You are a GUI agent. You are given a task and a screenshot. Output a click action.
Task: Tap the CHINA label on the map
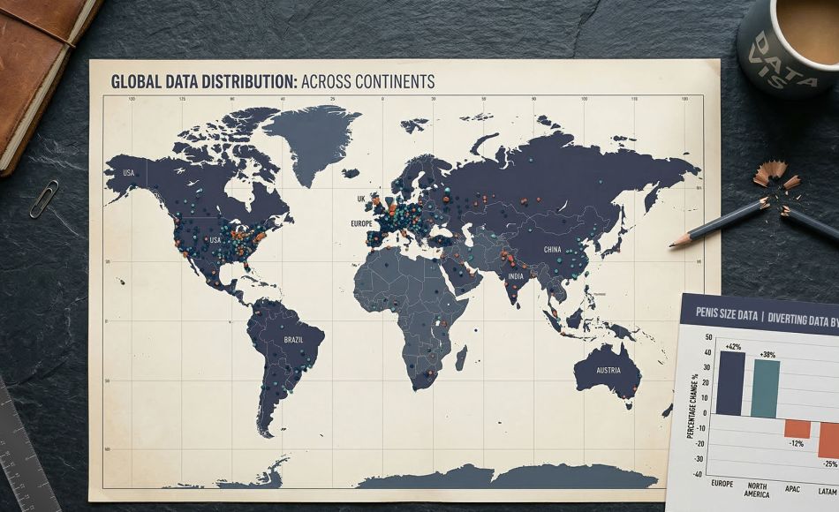tap(553, 250)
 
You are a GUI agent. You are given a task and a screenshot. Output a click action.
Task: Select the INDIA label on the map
tap(516, 276)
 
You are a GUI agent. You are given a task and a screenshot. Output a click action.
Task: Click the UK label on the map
tap(360, 200)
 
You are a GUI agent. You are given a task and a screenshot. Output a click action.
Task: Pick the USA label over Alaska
tap(129, 173)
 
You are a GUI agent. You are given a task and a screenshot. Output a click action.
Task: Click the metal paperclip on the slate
tap(43, 199)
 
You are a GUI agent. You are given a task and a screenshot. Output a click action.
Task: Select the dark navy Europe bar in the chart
tap(729, 383)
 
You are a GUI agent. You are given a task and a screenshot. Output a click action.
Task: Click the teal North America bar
tap(766, 388)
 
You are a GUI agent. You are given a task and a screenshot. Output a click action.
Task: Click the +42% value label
tap(732, 346)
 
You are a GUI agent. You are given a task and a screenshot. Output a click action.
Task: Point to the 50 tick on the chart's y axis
tap(707, 337)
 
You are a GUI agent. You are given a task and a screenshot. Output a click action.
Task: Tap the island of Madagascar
tap(460, 357)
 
